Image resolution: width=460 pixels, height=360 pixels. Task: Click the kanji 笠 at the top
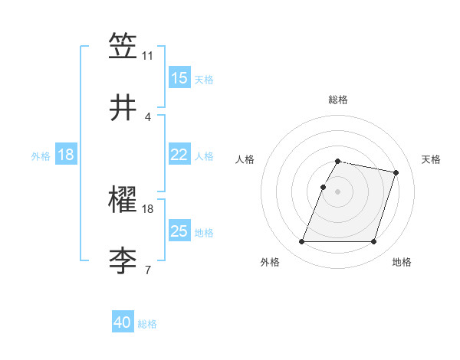(123, 47)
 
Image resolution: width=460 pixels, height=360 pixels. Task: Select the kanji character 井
(123, 108)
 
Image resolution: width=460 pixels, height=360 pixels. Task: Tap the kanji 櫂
(123, 200)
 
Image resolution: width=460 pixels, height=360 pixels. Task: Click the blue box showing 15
(179, 78)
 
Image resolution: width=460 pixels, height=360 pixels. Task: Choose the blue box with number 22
(179, 155)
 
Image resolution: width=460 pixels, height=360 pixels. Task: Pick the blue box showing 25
(179, 231)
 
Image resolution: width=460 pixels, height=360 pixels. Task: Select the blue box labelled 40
(123, 322)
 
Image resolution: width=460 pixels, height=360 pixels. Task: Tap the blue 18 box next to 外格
(66, 155)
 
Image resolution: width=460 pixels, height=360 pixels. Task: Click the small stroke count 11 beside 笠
(148, 56)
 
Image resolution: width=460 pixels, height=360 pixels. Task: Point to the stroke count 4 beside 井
(148, 116)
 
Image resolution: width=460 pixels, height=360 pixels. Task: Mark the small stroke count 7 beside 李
(148, 270)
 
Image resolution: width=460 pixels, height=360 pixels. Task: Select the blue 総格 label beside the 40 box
(147, 324)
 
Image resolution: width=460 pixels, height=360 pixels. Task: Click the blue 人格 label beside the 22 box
(204, 155)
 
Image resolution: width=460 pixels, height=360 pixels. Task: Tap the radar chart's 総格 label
(337, 100)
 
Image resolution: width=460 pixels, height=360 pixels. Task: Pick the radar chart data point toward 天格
(396, 173)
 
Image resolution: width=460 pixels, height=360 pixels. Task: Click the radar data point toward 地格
(373, 242)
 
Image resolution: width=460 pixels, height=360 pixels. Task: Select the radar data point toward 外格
(302, 242)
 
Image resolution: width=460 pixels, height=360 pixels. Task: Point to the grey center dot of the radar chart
(337, 191)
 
